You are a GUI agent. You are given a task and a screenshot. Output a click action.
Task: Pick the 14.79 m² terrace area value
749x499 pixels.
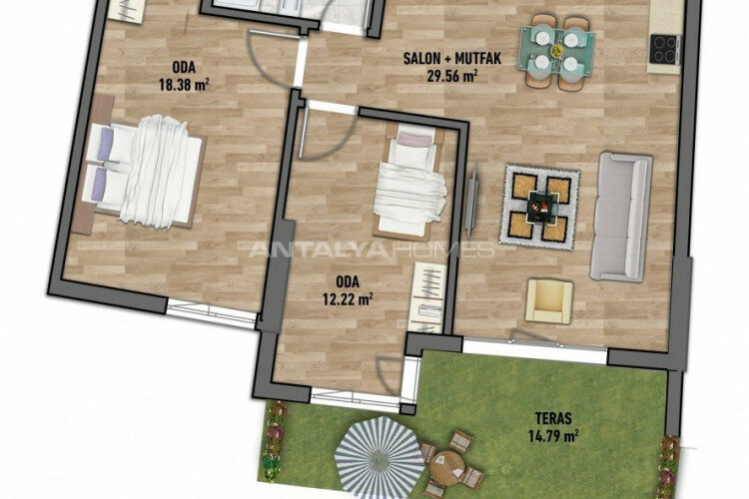[x=553, y=435]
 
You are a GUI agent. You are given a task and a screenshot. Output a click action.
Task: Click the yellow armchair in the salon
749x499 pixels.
[x=549, y=300]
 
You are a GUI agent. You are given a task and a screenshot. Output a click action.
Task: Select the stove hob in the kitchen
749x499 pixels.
[x=663, y=46]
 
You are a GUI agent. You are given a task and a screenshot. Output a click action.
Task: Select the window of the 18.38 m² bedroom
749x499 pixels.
[x=211, y=314]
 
